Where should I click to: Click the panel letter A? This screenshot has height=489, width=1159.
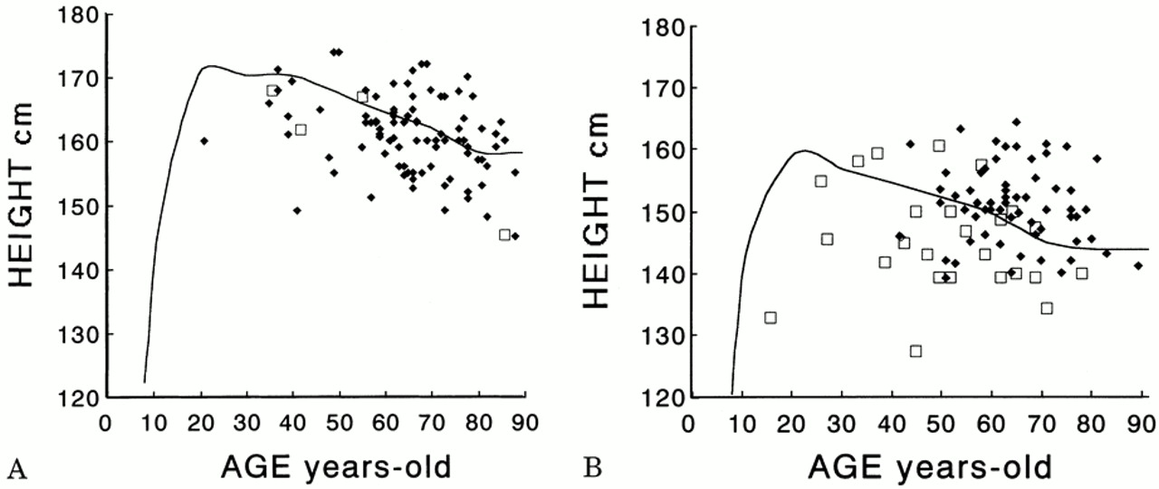pyautogui.click(x=14, y=468)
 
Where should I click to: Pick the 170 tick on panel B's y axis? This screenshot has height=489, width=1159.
pyautogui.click(x=666, y=89)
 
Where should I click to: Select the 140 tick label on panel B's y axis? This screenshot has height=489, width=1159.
pyautogui.click(x=666, y=273)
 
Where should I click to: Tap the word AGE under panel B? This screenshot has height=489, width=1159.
pyautogui.click(x=846, y=469)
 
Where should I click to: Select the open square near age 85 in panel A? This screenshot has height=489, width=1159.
pyautogui.click(x=504, y=235)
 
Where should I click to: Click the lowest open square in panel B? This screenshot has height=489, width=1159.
pyautogui.click(x=915, y=350)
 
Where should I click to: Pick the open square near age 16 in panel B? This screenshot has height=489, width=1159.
pyautogui.click(x=770, y=317)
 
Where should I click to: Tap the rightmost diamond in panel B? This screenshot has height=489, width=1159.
pyautogui.click(x=1138, y=265)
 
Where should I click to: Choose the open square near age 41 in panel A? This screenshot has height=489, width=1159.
pyautogui.click(x=301, y=129)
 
